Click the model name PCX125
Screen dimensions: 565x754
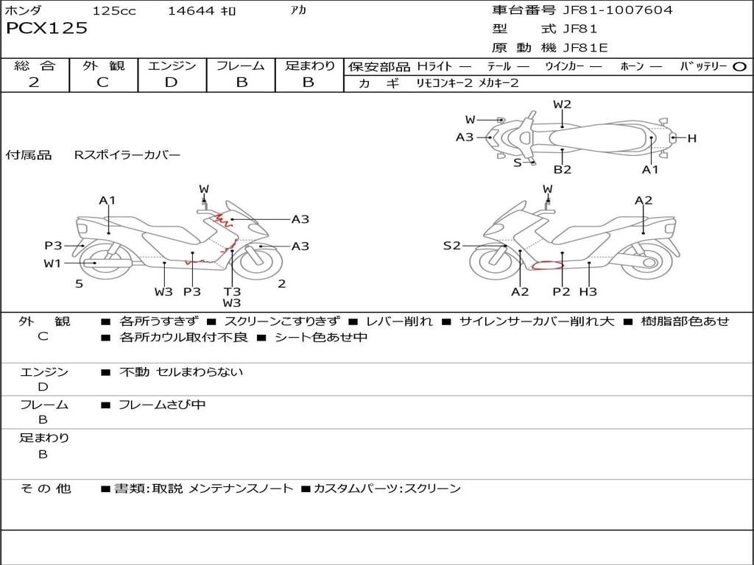[x=46, y=29]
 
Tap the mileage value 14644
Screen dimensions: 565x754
[x=191, y=11]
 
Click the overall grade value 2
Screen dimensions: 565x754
[x=34, y=82]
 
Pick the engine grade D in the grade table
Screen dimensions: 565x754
[x=172, y=82]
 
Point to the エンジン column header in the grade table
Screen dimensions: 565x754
[x=172, y=66]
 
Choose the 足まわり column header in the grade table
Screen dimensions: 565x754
[x=309, y=66]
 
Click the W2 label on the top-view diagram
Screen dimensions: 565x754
[x=563, y=104]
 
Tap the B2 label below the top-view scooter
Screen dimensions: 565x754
[x=563, y=170]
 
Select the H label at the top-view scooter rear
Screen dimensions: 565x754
[x=692, y=138]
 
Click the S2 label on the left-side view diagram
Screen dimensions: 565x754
[x=451, y=246]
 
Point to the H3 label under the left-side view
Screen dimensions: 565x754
[x=588, y=292]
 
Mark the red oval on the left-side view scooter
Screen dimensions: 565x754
[x=547, y=266]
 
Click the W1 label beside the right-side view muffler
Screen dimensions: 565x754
[x=52, y=263]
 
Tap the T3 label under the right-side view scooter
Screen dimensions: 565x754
[x=232, y=291]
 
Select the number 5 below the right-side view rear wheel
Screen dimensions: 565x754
[x=79, y=284]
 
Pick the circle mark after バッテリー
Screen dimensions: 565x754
[x=739, y=66]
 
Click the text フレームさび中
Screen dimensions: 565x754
[x=162, y=405]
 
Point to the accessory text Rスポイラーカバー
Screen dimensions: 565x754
[x=127, y=155]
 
